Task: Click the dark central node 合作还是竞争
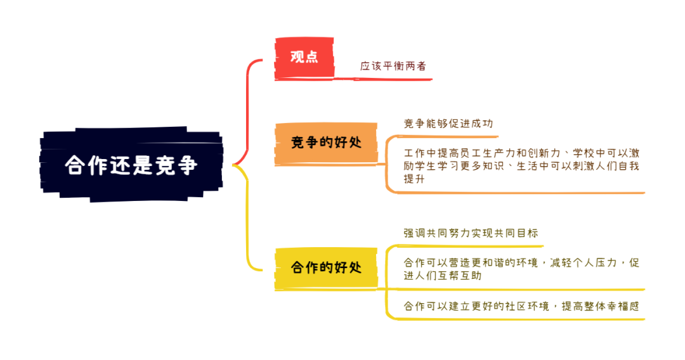coord(131,165)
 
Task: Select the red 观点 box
coord(304,58)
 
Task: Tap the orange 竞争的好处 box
coord(326,144)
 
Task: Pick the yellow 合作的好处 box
coord(326,268)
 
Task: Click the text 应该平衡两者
coord(393,66)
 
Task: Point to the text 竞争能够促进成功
coord(448,124)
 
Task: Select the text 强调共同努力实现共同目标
coord(471,233)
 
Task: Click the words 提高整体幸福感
coord(600,306)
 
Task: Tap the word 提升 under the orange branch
coord(414,179)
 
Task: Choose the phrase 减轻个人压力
coord(584,262)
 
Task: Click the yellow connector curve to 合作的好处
coord(248,218)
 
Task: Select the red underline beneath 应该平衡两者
coord(383,79)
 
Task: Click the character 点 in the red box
coord(311,57)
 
